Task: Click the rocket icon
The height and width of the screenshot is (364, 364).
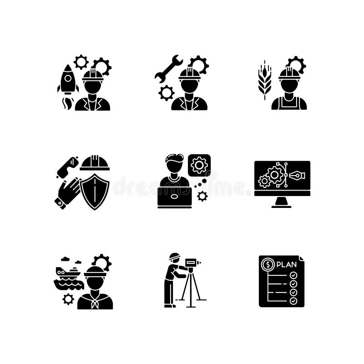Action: (68, 80)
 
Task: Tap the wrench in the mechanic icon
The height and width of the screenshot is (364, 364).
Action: (168, 69)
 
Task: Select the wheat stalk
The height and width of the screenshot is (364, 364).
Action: (264, 81)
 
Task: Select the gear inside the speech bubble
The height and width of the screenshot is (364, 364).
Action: (199, 165)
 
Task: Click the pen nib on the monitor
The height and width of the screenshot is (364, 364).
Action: (296, 176)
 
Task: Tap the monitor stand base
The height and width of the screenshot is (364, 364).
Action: (282, 206)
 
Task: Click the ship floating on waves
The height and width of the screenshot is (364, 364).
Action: (68, 278)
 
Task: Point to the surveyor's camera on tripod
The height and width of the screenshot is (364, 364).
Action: (192, 263)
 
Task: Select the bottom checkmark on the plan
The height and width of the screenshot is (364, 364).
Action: (293, 301)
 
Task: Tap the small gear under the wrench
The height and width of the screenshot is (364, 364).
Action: (167, 92)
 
